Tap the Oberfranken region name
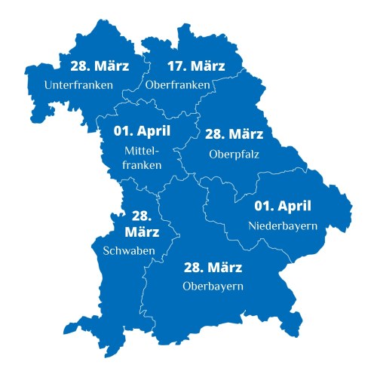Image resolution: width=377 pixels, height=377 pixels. pyautogui.click(x=177, y=85)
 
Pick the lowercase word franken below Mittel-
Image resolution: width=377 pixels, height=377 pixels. pyautogui.click(x=142, y=165)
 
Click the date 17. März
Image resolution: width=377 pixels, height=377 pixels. pyautogui.click(x=177, y=65)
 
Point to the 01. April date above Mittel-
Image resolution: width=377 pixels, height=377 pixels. pyautogui.click(x=142, y=130)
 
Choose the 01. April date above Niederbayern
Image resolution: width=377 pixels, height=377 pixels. pyautogui.click(x=282, y=205)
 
